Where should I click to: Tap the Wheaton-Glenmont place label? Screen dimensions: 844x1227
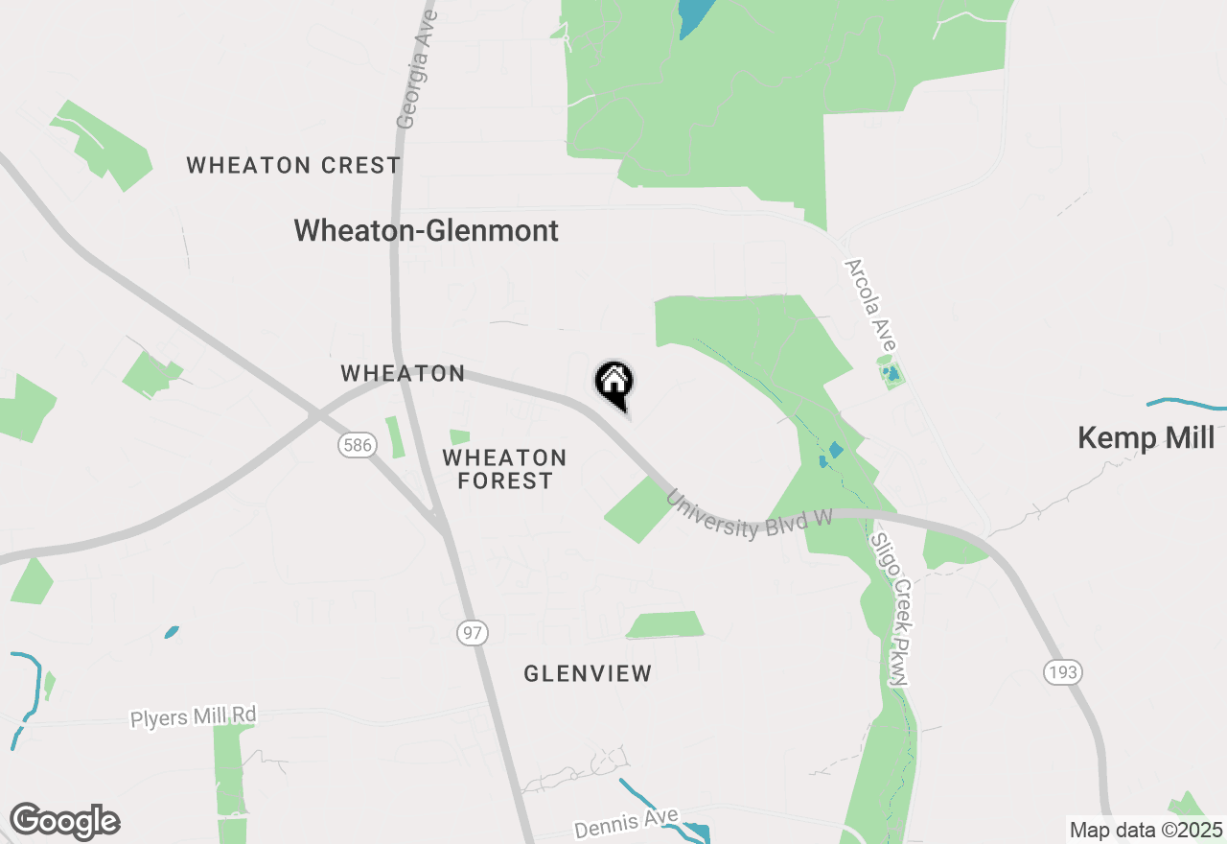(426, 230)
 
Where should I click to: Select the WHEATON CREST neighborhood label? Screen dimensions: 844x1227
(293, 165)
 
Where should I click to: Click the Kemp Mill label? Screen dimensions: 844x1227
(1146, 438)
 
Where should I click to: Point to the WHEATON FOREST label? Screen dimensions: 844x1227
(504, 469)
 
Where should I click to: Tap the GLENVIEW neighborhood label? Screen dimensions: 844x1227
(588, 673)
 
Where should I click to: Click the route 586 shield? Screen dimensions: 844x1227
(356, 445)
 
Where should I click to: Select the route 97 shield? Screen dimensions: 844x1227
(473, 633)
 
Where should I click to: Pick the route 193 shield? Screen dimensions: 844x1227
(1062, 672)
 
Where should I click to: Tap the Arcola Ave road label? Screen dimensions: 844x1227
(870, 305)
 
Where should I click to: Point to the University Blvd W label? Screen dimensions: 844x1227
(749, 515)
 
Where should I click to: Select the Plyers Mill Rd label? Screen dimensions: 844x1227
(194, 716)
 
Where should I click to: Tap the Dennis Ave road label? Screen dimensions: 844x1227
(627, 823)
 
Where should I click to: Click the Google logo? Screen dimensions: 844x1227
(64, 821)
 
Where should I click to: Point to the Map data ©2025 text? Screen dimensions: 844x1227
(1146, 830)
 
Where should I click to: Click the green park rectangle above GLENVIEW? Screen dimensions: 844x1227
(665, 624)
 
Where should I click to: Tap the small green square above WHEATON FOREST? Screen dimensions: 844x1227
(460, 437)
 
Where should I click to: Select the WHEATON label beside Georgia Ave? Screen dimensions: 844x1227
(403, 373)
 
